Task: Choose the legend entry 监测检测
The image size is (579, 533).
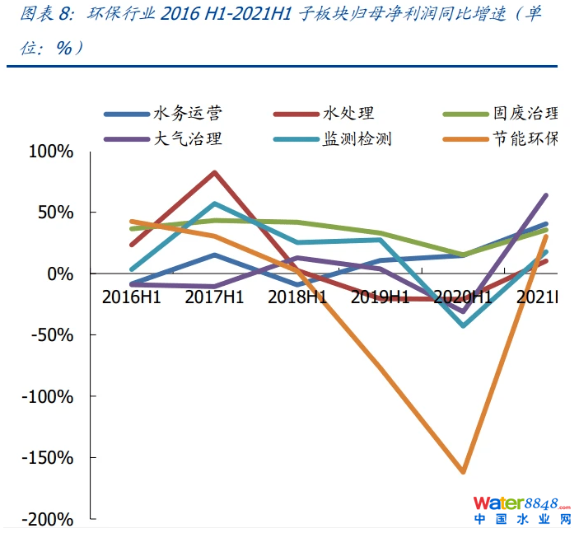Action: point(357,138)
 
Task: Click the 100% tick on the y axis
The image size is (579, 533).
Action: point(51,152)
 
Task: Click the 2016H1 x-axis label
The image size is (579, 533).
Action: point(132,297)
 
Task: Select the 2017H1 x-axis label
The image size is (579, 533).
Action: point(214,297)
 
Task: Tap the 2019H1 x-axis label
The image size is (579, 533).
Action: point(381,297)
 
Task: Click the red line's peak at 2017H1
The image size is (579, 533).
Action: point(214,172)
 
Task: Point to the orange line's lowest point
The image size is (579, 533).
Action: point(463,472)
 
